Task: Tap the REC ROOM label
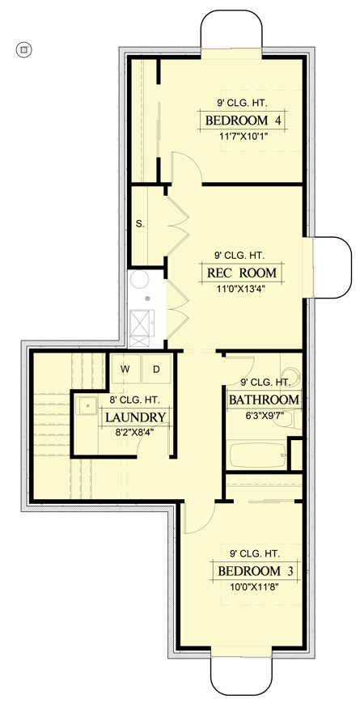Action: coord(242,273)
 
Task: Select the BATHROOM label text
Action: coord(265,400)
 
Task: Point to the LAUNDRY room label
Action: coord(135,417)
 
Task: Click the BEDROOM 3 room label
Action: coord(248,571)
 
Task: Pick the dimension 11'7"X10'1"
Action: coord(242,137)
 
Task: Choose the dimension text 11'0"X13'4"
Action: coord(242,289)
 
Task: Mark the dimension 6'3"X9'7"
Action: coord(264,416)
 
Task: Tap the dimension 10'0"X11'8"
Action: coord(248,587)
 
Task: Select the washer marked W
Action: coord(125,369)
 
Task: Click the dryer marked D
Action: coord(156,369)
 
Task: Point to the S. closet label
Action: coord(140,224)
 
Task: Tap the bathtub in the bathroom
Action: coord(257,455)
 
